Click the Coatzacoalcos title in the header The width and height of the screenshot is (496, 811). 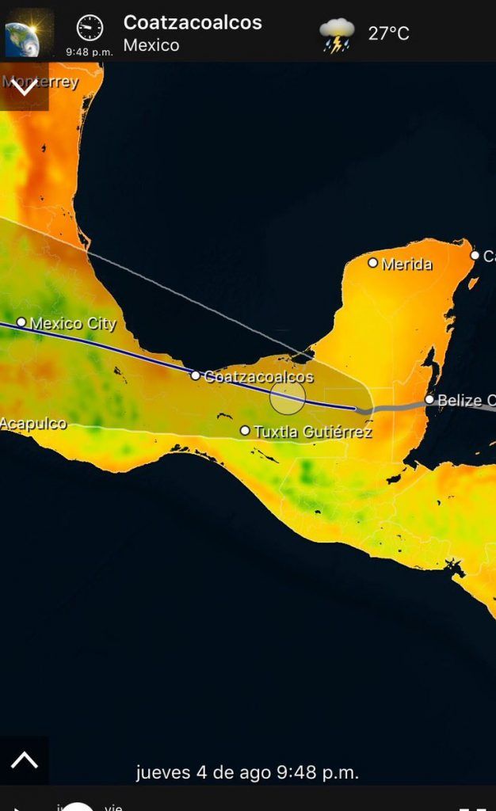click(x=193, y=23)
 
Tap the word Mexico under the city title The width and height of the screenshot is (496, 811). click(x=151, y=45)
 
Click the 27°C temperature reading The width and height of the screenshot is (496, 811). click(x=388, y=33)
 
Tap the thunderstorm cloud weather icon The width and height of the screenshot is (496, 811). click(x=337, y=35)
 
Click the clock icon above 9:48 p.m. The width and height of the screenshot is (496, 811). click(x=90, y=29)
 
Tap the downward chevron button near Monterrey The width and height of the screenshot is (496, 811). click(x=24, y=86)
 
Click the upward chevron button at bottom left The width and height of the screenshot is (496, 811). click(x=24, y=760)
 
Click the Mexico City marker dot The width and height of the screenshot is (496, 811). click(x=21, y=322)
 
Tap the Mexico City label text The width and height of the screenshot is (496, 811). click(x=73, y=323)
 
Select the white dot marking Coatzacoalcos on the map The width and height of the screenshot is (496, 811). click(x=196, y=375)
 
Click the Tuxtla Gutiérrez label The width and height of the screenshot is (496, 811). click(x=313, y=432)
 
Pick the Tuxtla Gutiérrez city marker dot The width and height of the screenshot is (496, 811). click(x=245, y=431)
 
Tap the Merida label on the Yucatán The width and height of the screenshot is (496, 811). click(x=407, y=265)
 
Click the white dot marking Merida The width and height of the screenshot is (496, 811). click(x=373, y=262)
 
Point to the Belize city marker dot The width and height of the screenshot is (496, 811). click(x=429, y=399)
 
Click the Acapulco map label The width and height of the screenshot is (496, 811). click(x=33, y=424)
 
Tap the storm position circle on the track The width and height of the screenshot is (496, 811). click(x=288, y=397)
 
